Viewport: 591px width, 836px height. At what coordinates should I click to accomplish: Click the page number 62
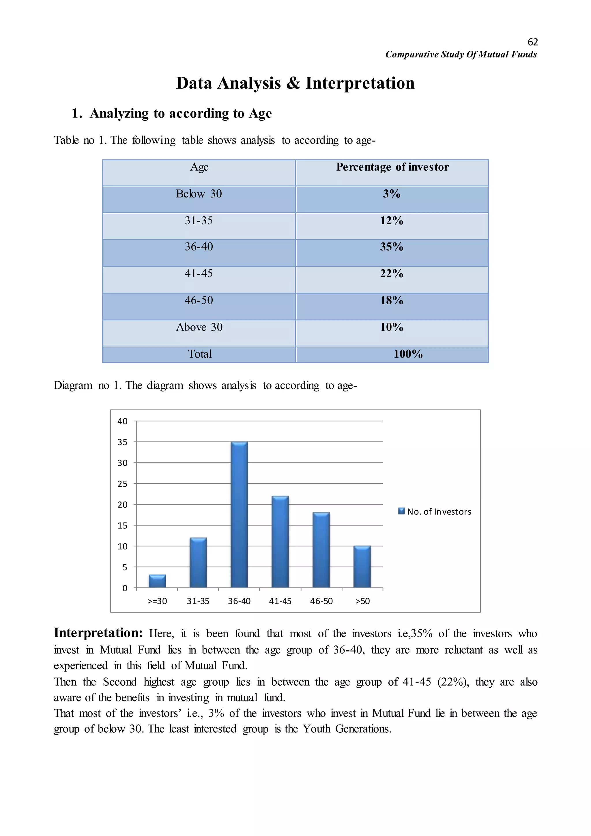coord(532,42)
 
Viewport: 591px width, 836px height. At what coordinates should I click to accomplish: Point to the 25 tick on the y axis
coord(123,484)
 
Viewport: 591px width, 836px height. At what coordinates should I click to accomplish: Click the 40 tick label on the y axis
coord(123,421)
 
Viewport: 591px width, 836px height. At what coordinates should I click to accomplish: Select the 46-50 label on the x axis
coord(321,601)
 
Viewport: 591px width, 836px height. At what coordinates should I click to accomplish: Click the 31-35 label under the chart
coord(198,601)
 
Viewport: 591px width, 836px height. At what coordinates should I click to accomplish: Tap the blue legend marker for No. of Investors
coord(402,511)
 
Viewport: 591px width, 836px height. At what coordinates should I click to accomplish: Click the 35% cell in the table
coord(392,247)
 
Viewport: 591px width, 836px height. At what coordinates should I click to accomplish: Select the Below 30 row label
coord(199,194)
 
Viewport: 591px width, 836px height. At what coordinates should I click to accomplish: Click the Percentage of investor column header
coord(392,167)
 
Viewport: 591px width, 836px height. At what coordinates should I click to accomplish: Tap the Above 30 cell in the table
coord(199,327)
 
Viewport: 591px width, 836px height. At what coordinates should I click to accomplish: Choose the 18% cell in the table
coord(392,301)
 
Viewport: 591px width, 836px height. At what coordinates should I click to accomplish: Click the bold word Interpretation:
coord(98,633)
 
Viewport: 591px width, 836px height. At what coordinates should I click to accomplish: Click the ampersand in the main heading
coord(293,83)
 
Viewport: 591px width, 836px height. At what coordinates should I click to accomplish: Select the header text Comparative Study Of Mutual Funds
coord(461,55)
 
